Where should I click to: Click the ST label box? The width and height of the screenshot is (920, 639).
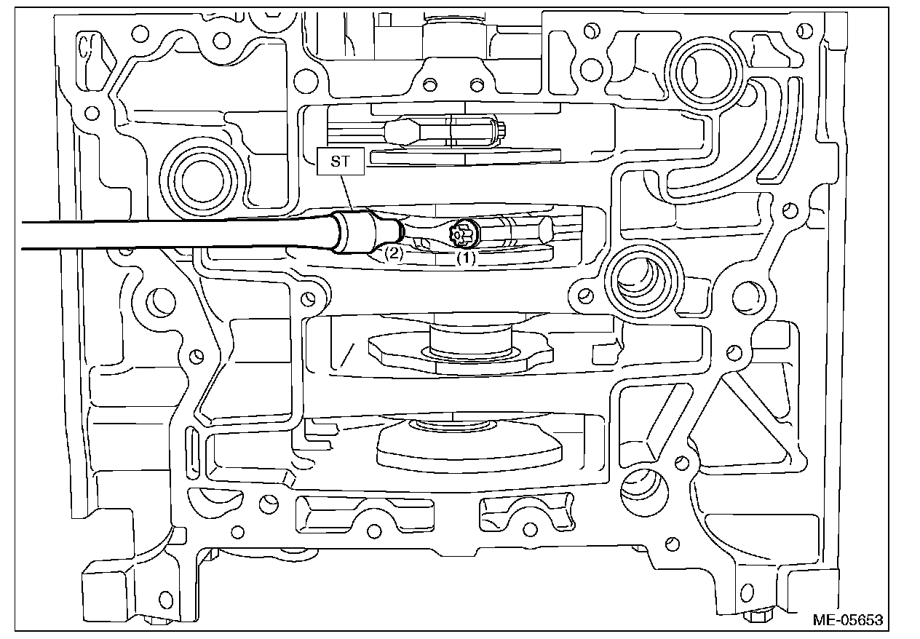(340, 161)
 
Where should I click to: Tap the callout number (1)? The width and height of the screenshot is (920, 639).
(466, 257)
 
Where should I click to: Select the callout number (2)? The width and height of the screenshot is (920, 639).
(393, 253)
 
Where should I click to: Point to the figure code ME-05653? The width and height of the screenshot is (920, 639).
(848, 620)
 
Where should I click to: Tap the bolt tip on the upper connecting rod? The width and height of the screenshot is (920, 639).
(502, 131)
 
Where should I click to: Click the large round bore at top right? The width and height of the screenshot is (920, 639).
(703, 71)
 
